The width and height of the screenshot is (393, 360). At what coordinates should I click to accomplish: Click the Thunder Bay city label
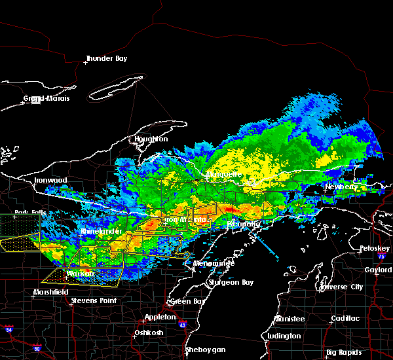click(x=108, y=59)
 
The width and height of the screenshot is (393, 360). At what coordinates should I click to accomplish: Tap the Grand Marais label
click(x=47, y=99)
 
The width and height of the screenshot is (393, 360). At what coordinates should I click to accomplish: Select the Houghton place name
click(x=151, y=139)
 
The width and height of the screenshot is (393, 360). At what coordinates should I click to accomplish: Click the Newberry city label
click(x=343, y=187)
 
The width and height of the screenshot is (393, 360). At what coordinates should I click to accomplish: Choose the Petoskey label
click(x=375, y=249)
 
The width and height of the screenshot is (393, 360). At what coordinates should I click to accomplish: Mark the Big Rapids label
click(x=349, y=353)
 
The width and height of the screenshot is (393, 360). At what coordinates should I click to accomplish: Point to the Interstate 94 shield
click(x=7, y=327)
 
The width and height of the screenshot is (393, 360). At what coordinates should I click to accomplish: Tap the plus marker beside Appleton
click(x=144, y=320)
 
